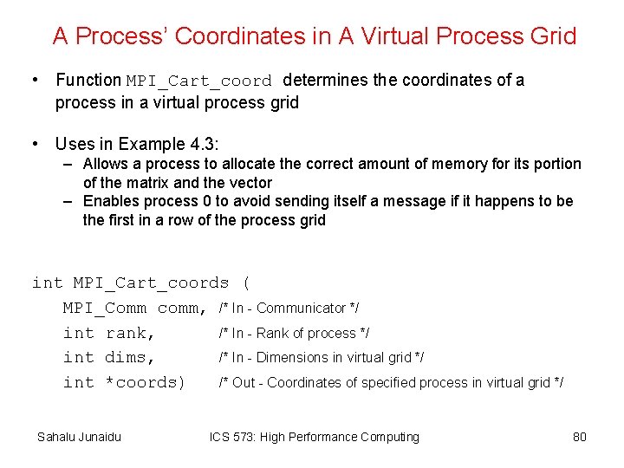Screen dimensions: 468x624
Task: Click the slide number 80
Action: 580,437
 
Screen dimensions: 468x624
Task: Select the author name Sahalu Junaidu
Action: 79,437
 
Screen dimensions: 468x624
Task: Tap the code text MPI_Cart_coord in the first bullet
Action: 199,81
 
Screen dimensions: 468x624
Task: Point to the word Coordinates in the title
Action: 243,36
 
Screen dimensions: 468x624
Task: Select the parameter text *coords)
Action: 145,382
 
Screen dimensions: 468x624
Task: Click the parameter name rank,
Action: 130,333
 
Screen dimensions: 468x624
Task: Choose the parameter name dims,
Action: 130,357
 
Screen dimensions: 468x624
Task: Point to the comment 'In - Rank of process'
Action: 294,333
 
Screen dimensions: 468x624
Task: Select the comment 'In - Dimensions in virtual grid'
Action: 321,357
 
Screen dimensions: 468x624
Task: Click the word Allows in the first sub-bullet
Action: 104,164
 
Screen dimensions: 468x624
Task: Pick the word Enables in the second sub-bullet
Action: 109,201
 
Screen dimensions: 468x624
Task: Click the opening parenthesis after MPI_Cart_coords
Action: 246,283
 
